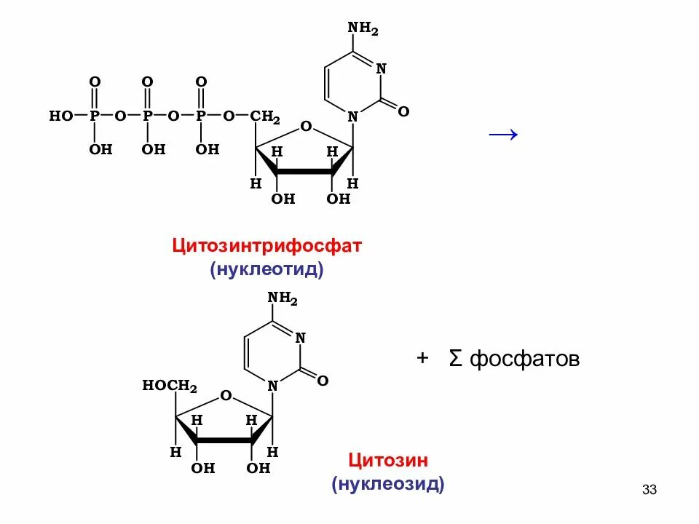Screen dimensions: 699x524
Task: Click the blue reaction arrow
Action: pyautogui.click(x=502, y=134)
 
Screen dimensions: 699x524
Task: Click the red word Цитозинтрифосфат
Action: pyautogui.click(x=266, y=245)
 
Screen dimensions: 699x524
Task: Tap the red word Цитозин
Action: pyautogui.click(x=387, y=460)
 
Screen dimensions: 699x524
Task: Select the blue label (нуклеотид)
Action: pyautogui.click(x=266, y=269)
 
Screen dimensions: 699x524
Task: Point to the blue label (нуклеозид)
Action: pyautogui.click(x=387, y=484)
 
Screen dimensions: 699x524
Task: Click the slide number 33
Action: pyautogui.click(x=649, y=490)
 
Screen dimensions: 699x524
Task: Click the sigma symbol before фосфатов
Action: pyautogui.click(x=456, y=359)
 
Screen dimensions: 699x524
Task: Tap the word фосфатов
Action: pyautogui.click(x=524, y=359)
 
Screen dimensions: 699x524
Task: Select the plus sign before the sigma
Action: pyautogui.click(x=422, y=358)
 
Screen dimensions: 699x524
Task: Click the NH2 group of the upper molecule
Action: pyautogui.click(x=363, y=28)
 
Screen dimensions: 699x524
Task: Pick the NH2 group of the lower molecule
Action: pyautogui.click(x=283, y=298)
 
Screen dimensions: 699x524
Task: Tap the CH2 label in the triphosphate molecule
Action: pyautogui.click(x=265, y=116)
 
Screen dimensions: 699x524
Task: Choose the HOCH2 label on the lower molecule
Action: pyautogui.click(x=170, y=386)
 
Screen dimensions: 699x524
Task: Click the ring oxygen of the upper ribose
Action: pyautogui.click(x=306, y=127)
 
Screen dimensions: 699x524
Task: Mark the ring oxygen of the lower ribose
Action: pyautogui.click(x=226, y=396)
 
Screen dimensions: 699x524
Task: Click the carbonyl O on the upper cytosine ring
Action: pyautogui.click(x=403, y=111)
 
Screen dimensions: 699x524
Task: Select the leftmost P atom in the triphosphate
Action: pyautogui.click(x=95, y=116)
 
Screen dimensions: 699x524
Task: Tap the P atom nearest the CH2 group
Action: pyautogui.click(x=202, y=116)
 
